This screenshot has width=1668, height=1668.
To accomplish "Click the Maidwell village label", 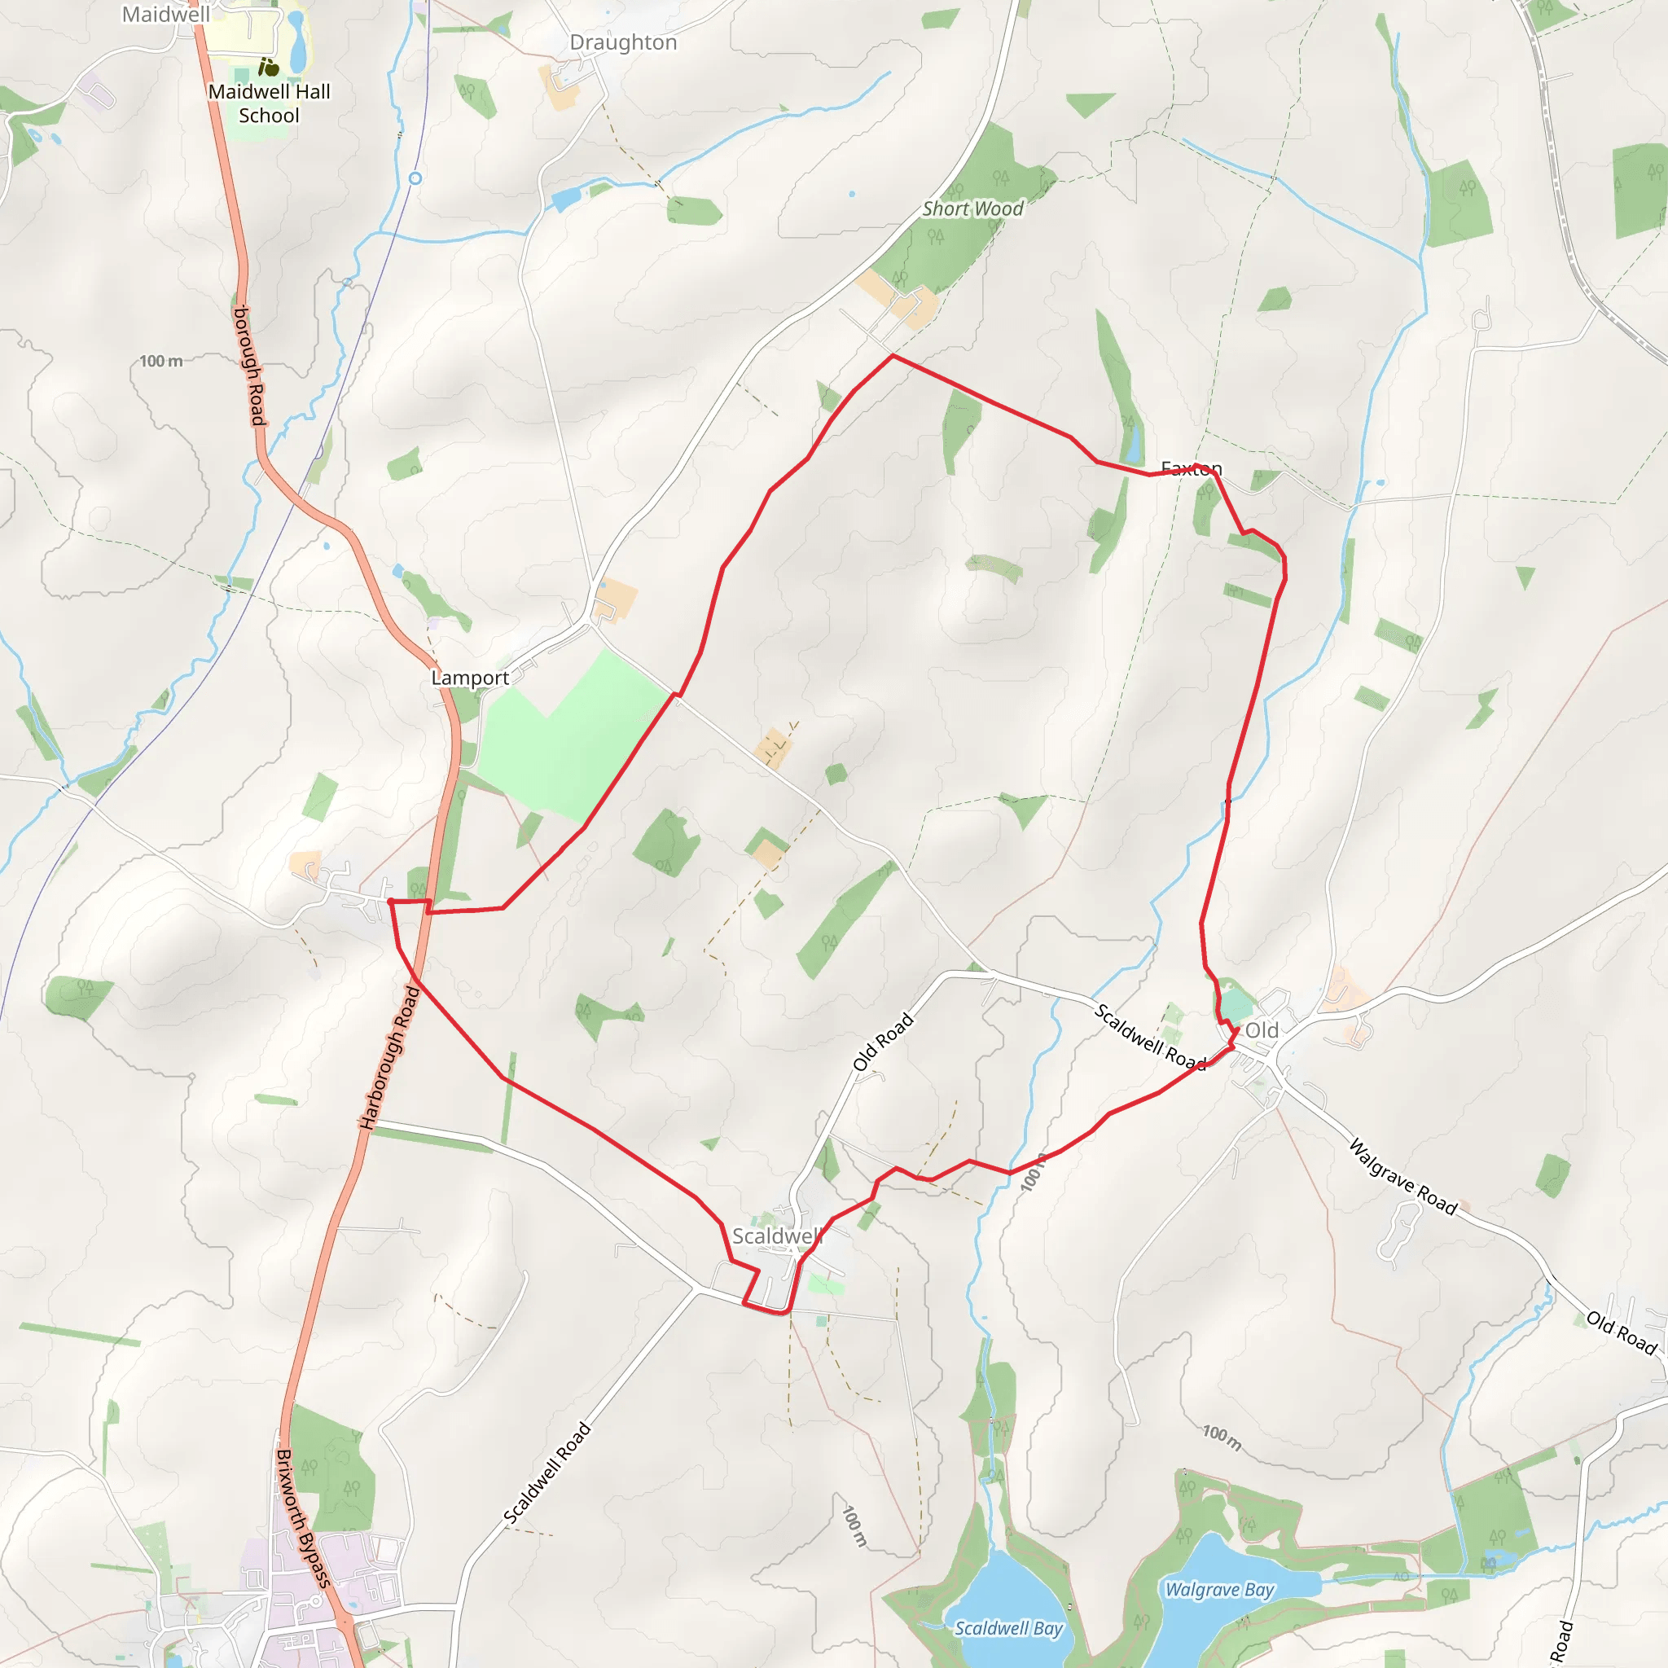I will point(166,15).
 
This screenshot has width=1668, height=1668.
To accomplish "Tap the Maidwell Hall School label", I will point(270,103).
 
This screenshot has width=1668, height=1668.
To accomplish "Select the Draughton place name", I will point(623,43).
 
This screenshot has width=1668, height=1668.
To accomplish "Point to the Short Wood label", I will point(972,209).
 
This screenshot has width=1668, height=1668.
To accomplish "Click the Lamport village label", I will point(470,678).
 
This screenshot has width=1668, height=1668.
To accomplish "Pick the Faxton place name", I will point(1192,469).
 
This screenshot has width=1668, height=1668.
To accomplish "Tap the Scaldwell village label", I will point(776,1236).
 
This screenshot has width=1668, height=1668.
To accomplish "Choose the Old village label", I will point(1262,1030).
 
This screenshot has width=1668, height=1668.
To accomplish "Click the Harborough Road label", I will point(389,1059).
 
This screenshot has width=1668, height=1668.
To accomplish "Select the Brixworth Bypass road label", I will point(303,1519).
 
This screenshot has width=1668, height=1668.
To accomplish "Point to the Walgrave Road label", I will point(1403,1178).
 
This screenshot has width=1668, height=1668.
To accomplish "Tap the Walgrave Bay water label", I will point(1219,1590).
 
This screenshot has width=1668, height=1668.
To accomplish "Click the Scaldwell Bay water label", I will point(1007,1628).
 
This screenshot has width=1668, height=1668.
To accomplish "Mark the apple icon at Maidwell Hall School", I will point(270,68).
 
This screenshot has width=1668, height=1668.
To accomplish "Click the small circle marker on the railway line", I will point(415,178).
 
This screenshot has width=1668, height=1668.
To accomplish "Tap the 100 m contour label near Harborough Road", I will point(161,361).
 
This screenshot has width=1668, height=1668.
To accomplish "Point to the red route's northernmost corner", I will point(893,355).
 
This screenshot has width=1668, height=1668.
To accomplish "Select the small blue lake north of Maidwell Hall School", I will point(298,43).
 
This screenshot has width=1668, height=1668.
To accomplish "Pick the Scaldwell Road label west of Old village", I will point(1150,1037).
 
